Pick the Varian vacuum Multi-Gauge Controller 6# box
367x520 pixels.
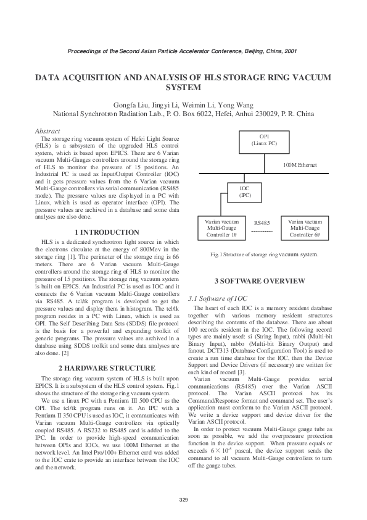[305, 228]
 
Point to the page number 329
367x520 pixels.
[183, 499]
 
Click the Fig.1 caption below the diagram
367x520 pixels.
[264, 254]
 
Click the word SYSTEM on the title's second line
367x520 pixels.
[183, 88]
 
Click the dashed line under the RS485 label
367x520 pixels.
[262, 231]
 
